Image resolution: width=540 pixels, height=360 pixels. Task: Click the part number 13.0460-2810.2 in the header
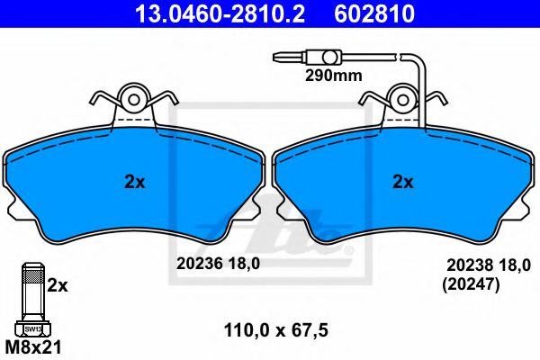(220, 13)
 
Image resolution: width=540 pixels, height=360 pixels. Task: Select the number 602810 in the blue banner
(374, 13)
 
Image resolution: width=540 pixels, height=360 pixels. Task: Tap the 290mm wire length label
(333, 76)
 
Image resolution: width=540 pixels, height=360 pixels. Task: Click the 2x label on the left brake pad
(135, 182)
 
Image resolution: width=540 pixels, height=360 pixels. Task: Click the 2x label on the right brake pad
(403, 182)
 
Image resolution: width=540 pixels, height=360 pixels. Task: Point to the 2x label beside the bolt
(58, 285)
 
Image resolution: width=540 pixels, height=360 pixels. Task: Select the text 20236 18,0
(218, 264)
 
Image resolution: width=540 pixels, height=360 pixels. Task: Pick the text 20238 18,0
(489, 265)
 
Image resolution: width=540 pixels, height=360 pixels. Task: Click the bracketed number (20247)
(471, 285)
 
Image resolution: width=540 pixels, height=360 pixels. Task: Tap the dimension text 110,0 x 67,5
(276, 330)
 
